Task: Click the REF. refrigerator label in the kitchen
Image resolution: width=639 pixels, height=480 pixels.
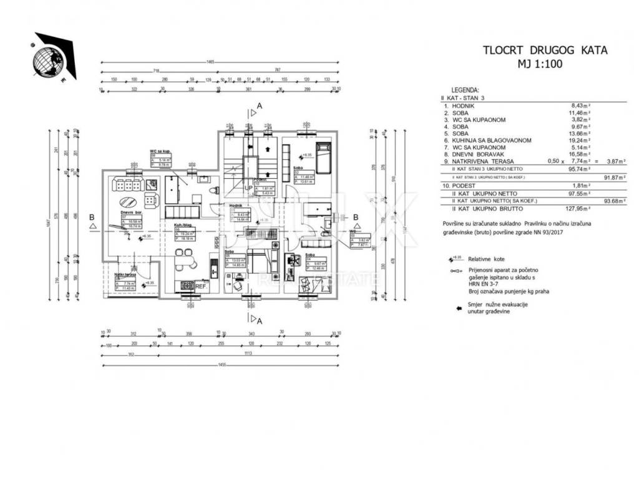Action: point(201,286)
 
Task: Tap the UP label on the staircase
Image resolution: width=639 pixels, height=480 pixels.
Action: point(248,187)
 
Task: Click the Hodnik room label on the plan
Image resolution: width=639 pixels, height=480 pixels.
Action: point(235,206)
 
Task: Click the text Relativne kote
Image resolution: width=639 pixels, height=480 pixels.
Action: point(487,259)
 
